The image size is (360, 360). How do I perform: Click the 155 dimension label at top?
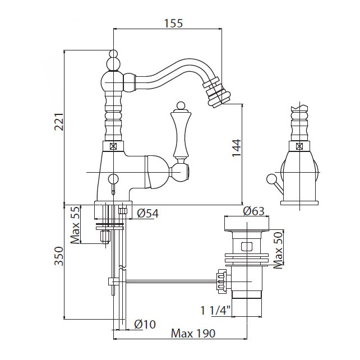(174, 23)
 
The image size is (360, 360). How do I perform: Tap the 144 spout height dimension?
(236, 151)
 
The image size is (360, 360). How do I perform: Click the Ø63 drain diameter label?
(253, 211)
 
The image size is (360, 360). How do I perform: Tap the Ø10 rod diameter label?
(145, 324)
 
